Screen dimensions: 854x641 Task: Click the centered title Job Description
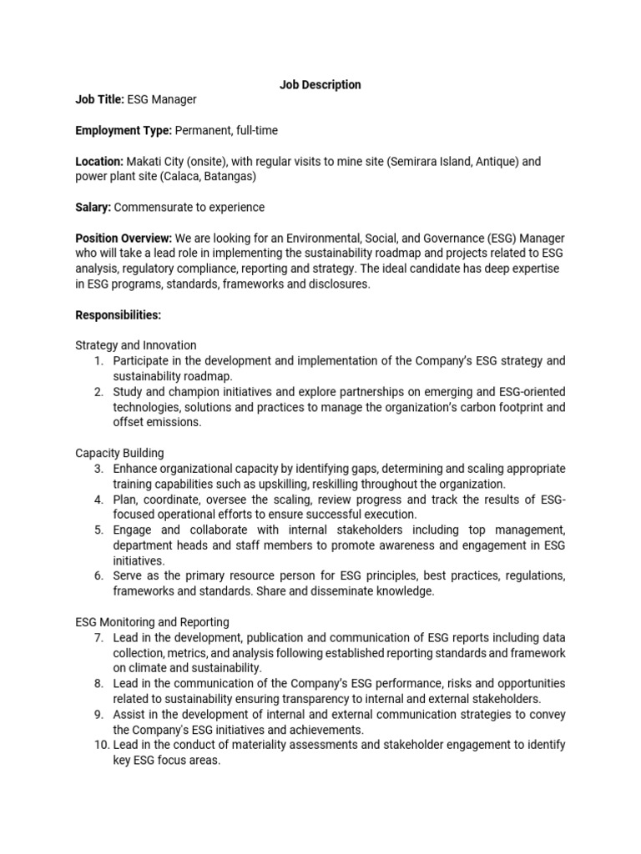coord(320,84)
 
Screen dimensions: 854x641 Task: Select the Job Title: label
coord(99,99)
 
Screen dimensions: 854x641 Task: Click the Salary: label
coord(93,207)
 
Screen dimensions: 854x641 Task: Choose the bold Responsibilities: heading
coord(118,314)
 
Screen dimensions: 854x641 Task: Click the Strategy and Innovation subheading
coord(136,345)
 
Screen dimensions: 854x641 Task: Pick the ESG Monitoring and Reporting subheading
coord(152,621)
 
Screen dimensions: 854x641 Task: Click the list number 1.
coord(98,360)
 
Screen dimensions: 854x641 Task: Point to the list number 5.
coord(98,530)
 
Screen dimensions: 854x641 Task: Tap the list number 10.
coord(94,745)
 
